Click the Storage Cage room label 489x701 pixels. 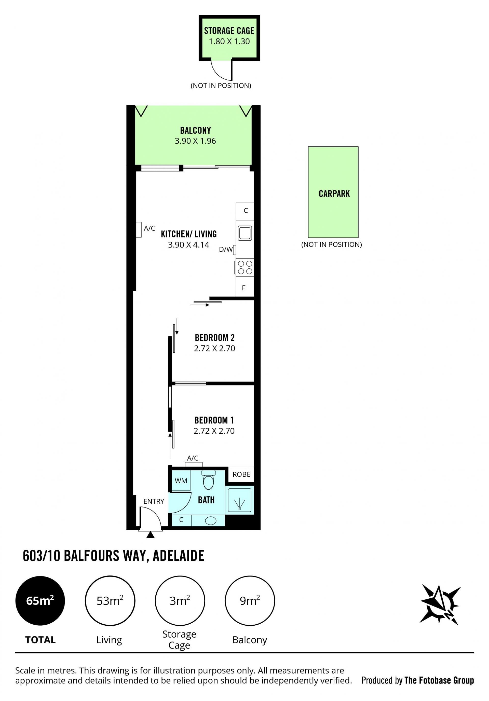229,31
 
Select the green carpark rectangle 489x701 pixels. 333,192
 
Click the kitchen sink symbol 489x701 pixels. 245,233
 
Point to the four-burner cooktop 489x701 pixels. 245,267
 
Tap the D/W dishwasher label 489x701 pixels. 226,250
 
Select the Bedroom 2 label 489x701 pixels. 215,338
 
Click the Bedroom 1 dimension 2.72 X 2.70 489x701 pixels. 214,431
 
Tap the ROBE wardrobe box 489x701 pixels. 241,474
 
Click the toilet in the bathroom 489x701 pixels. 209,480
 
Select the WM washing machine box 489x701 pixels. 181,480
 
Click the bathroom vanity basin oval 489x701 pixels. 211,520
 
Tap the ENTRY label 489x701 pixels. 154,501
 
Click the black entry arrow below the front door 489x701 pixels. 151,535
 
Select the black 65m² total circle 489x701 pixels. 40,601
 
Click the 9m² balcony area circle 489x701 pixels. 250,601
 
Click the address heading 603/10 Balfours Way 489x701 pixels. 113,556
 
